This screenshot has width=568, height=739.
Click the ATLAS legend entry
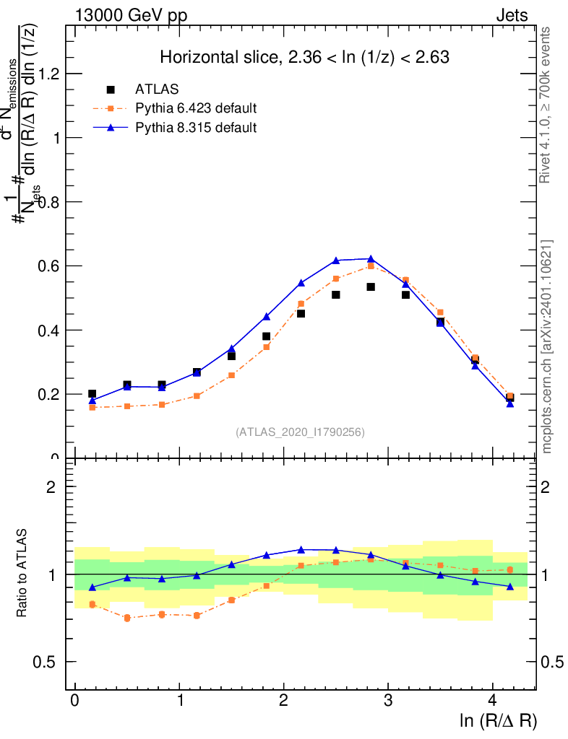coord(157,89)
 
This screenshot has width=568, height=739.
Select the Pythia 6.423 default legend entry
coord(196,109)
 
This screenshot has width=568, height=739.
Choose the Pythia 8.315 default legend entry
coord(196,128)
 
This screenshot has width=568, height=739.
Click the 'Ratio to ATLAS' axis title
coord(22,574)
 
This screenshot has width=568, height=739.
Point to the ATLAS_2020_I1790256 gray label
coord(300,432)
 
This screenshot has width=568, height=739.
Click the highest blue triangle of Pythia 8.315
coord(371,259)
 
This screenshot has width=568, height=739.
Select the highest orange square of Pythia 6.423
coord(371,266)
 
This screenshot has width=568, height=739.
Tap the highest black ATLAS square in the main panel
coord(371,287)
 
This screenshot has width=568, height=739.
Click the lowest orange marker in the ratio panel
coord(127,618)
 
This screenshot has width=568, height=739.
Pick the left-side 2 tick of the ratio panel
coord(51,486)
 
